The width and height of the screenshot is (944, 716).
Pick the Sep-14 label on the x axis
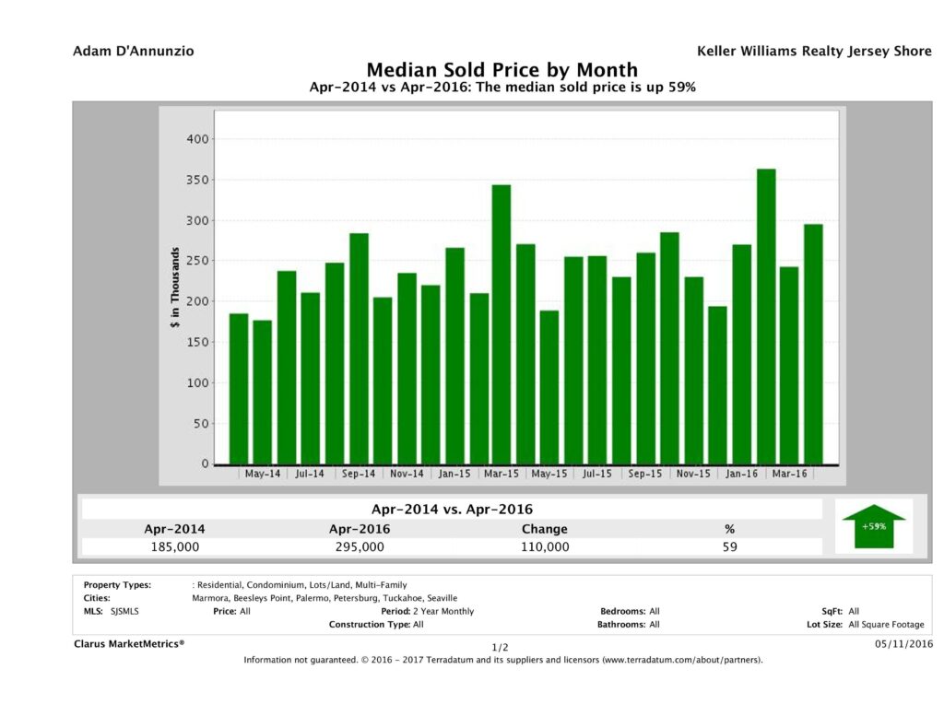point(358,474)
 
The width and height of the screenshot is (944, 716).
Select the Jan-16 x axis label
point(741,474)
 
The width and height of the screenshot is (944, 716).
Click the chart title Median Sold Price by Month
point(501,70)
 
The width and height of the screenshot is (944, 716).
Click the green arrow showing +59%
point(873,526)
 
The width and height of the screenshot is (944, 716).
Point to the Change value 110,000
point(544,546)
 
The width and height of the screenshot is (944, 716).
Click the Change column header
point(544,529)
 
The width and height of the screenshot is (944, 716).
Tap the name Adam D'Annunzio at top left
point(134,50)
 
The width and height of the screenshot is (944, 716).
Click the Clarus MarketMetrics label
point(129,644)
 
